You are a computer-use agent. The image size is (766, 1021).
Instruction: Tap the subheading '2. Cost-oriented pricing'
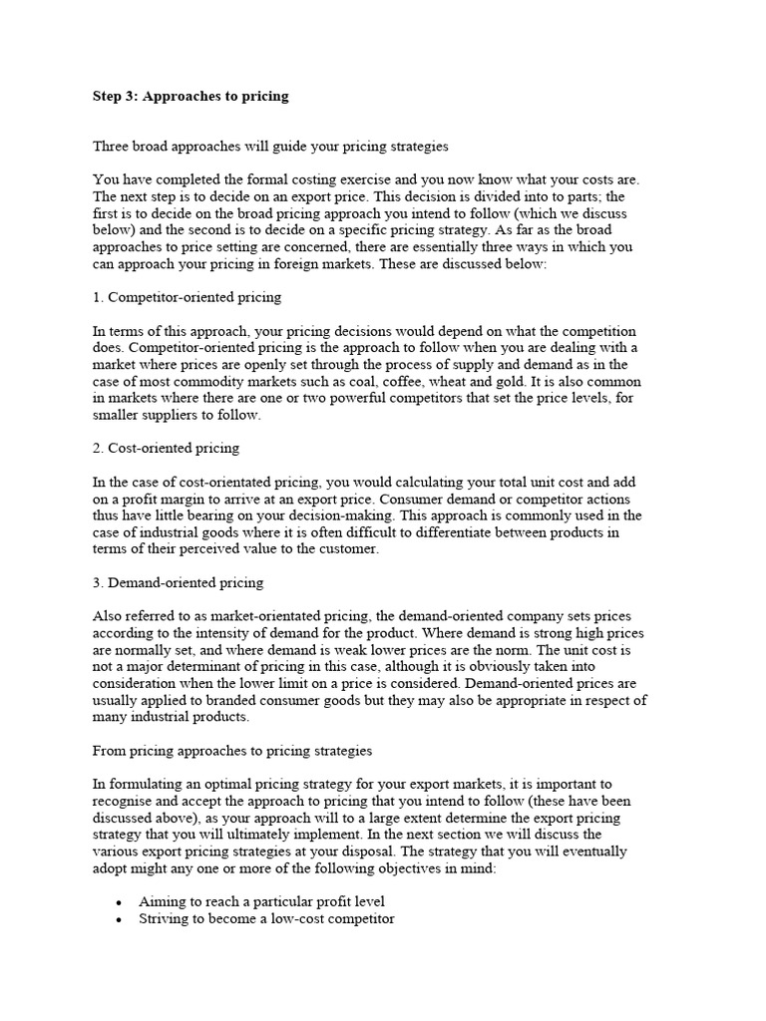166,448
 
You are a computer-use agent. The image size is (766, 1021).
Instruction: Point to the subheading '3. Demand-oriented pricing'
178,581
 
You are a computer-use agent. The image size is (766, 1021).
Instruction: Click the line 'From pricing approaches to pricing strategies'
232,750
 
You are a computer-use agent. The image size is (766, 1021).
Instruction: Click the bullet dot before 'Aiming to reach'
120,902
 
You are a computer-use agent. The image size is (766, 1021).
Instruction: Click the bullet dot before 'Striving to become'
120,919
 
